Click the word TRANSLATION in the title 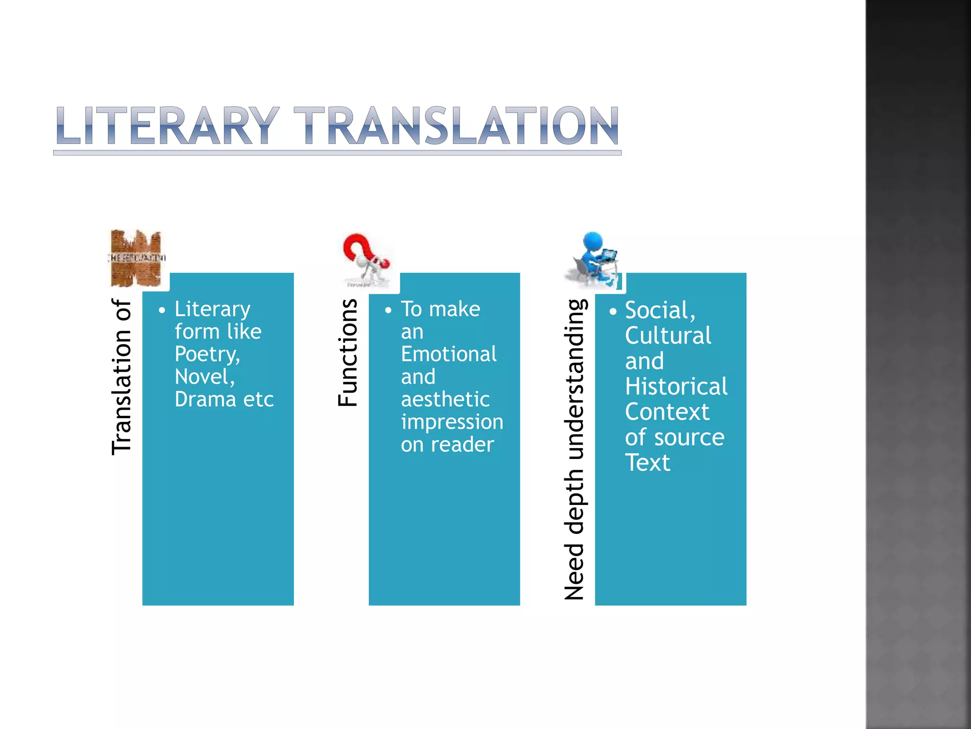coord(456,126)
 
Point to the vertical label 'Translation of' coord(121,377)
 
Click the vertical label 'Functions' coord(348,353)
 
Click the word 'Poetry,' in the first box coord(207,355)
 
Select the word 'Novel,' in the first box coord(205,377)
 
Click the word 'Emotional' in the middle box coord(449,355)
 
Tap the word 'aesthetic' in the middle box coord(445,400)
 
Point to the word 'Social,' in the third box coord(660,311)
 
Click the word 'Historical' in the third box coord(676,387)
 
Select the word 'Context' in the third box coord(667,412)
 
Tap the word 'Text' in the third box coord(648,463)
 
